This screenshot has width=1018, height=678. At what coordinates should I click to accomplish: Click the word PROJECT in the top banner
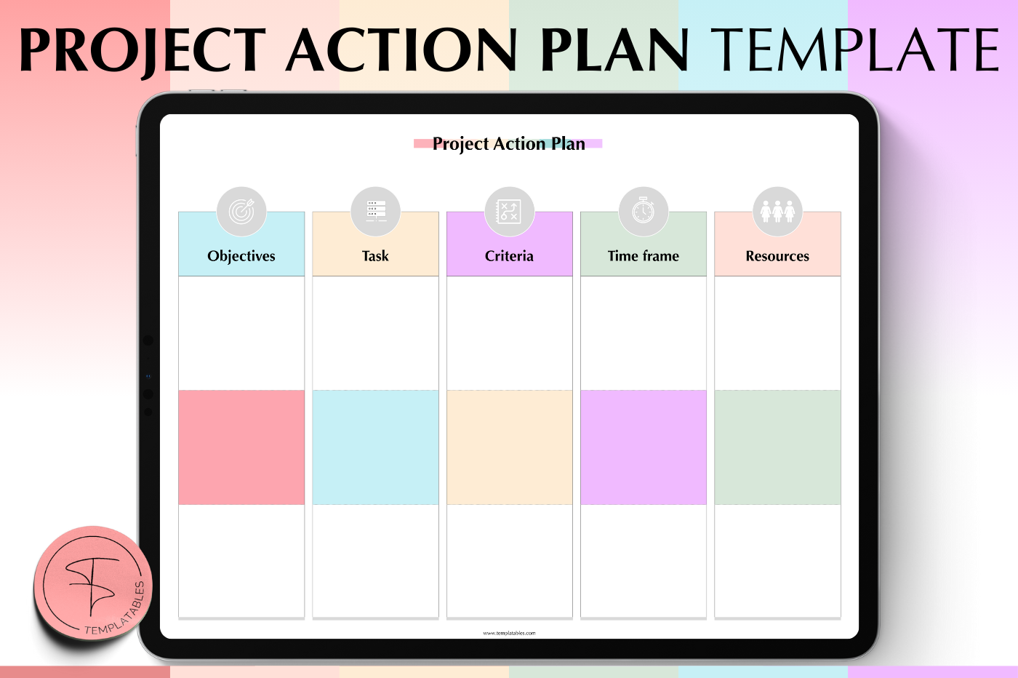pyautogui.click(x=143, y=50)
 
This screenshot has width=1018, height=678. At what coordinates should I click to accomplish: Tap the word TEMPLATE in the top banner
pyautogui.click(x=855, y=49)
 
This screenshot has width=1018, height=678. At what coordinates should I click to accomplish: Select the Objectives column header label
pyautogui.click(x=241, y=256)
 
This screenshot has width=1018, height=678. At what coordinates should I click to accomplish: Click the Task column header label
pyautogui.click(x=375, y=256)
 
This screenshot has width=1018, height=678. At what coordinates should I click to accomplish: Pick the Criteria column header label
pyautogui.click(x=509, y=256)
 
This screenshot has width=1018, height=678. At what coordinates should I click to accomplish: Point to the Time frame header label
pyautogui.click(x=644, y=256)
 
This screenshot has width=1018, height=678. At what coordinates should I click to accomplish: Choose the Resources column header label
pyautogui.click(x=777, y=256)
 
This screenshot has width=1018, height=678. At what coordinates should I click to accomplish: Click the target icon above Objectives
pyautogui.click(x=241, y=212)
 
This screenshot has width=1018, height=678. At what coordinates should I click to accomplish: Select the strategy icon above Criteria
pyautogui.click(x=510, y=212)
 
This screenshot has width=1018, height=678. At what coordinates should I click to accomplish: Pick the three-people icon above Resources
pyautogui.click(x=777, y=212)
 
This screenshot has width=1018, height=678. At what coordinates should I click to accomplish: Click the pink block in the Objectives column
pyautogui.click(x=241, y=447)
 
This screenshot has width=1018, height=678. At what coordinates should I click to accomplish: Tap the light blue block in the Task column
pyautogui.click(x=375, y=447)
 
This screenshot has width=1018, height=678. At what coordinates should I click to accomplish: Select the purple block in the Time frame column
pyautogui.click(x=644, y=447)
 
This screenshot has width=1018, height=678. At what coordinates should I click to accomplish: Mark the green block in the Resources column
pyautogui.click(x=777, y=447)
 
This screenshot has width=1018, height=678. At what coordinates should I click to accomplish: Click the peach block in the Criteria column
pyautogui.click(x=510, y=447)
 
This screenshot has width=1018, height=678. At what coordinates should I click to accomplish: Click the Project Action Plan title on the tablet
pyautogui.click(x=508, y=144)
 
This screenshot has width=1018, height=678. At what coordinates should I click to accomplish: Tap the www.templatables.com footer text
pyautogui.click(x=509, y=633)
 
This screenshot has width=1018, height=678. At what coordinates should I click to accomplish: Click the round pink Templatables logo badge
pyautogui.click(x=93, y=583)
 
